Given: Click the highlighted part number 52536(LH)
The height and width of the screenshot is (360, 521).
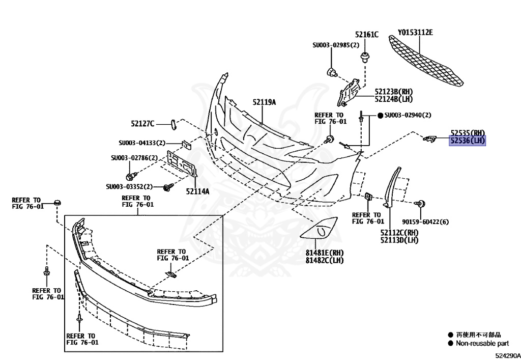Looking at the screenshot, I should coord(467,141).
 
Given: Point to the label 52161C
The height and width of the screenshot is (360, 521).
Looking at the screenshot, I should coord(367,35).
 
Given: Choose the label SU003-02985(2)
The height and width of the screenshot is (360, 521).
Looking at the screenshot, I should coord(336,45).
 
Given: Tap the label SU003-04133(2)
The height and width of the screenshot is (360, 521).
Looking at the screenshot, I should coord(142,143).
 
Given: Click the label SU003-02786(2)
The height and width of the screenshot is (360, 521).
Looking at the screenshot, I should coord(134,158).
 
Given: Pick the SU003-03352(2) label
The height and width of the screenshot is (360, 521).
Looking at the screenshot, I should coord(129,187).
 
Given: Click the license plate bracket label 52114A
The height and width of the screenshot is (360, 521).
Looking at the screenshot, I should coord(197,192).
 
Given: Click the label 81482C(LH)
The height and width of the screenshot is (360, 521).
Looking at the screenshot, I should coord(325,261).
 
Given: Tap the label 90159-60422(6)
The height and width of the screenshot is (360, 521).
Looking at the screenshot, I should coord(425,222).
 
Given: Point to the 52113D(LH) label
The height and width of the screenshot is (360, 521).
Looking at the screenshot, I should coord(399,240).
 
